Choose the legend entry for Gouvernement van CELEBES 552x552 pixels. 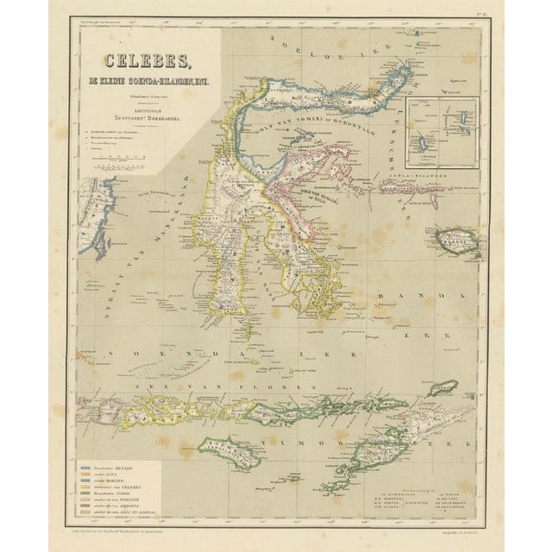[121, 486]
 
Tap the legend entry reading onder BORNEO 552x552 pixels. [117, 480]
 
